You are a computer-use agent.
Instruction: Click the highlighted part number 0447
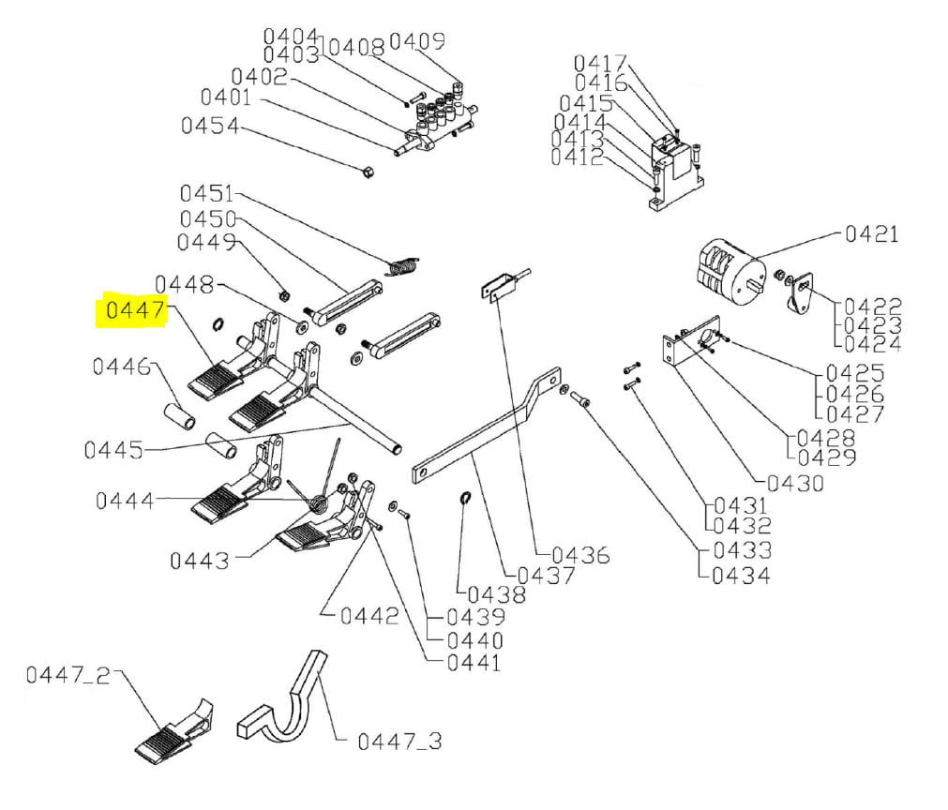click(x=135, y=310)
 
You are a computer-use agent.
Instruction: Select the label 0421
click(x=871, y=233)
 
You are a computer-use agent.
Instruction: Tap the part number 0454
click(x=210, y=126)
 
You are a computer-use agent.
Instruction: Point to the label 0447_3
click(x=399, y=741)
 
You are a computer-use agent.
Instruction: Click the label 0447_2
click(x=68, y=675)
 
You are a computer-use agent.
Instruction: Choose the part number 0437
click(x=546, y=575)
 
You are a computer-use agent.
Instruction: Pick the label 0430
click(x=795, y=483)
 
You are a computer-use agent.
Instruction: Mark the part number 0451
click(x=207, y=193)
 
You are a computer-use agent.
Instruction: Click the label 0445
click(x=113, y=450)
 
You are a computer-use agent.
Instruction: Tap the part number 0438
click(x=496, y=594)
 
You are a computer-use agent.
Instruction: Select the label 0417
click(x=600, y=63)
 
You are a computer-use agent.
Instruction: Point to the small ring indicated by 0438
click(x=465, y=498)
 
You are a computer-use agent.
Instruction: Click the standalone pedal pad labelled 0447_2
click(x=174, y=731)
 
